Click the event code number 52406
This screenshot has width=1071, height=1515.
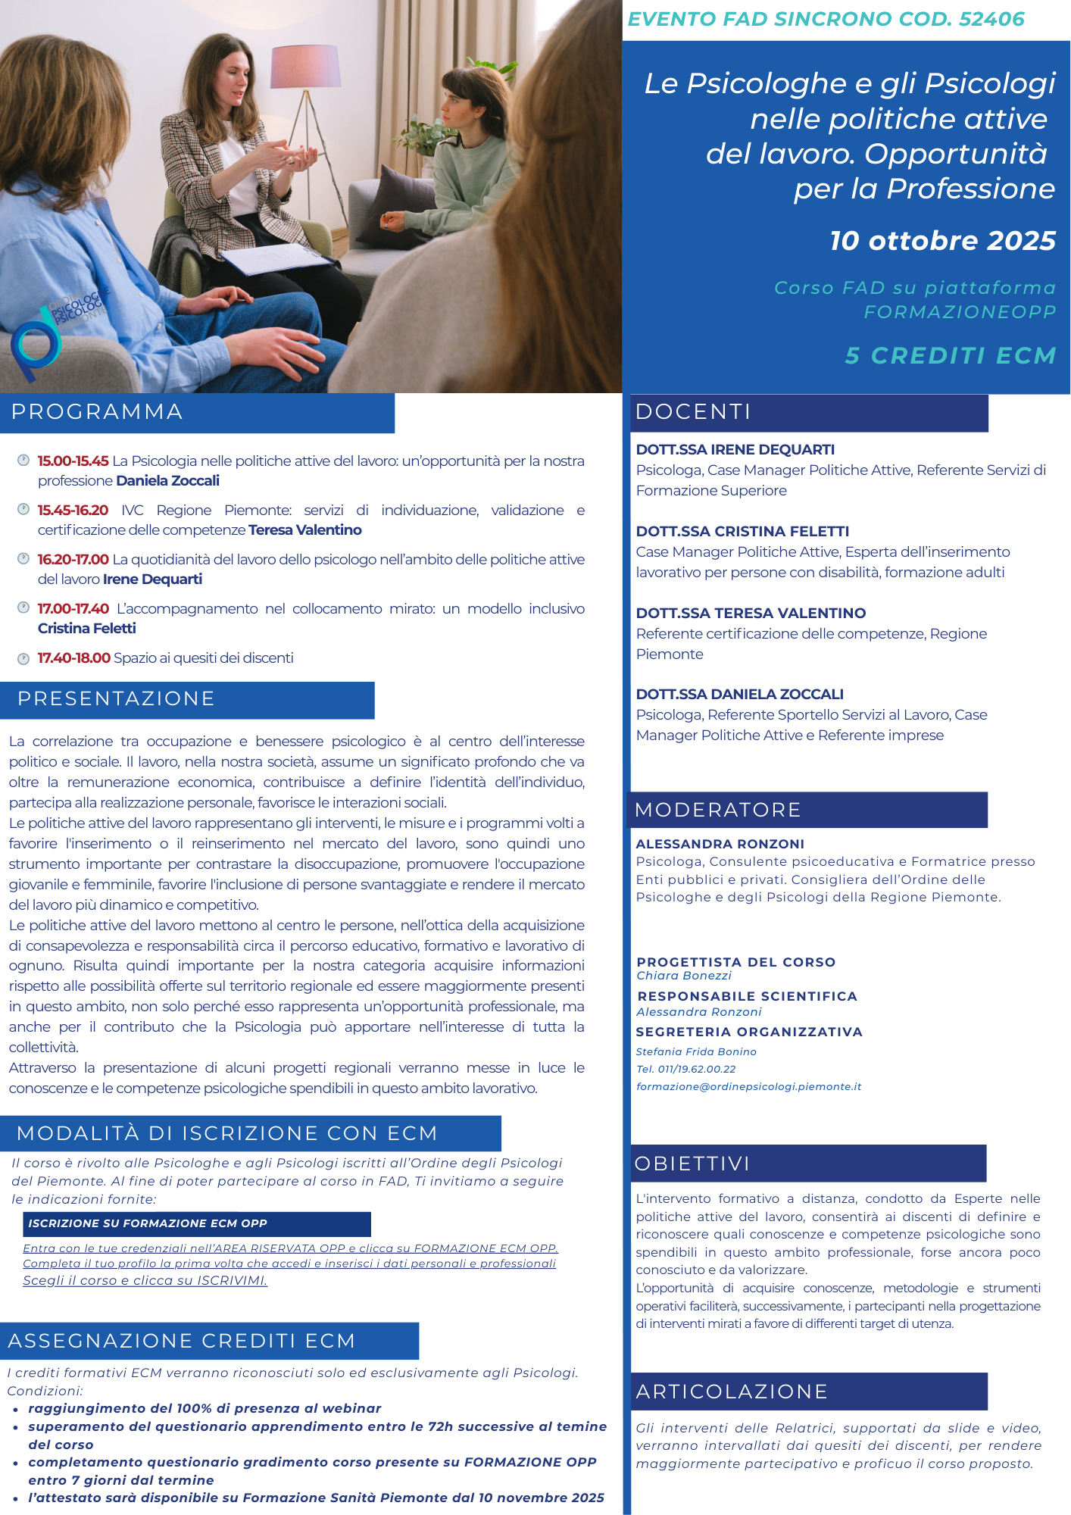click(x=991, y=19)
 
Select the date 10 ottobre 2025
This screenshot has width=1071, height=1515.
click(x=942, y=240)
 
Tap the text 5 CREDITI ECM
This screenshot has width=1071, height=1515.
click(x=951, y=355)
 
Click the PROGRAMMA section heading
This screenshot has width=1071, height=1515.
click(x=97, y=411)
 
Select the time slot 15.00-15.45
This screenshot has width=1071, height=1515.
click(x=73, y=461)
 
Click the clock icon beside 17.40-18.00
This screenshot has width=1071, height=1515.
click(x=23, y=658)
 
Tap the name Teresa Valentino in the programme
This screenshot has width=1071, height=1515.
click(x=304, y=529)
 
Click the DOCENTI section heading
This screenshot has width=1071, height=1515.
click(x=692, y=411)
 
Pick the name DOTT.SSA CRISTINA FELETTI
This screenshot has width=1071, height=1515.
click(x=742, y=531)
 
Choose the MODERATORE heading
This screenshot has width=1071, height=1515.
click(x=717, y=810)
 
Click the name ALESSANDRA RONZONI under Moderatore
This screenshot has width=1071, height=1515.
click(x=720, y=844)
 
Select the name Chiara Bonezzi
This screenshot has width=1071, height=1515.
click(x=684, y=976)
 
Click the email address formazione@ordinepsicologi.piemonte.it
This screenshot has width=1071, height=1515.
click(x=748, y=1086)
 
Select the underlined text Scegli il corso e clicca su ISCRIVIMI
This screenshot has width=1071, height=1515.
click(x=145, y=1281)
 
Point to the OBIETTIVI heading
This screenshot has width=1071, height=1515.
click(x=692, y=1164)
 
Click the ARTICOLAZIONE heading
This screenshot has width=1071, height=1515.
click(x=731, y=1392)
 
